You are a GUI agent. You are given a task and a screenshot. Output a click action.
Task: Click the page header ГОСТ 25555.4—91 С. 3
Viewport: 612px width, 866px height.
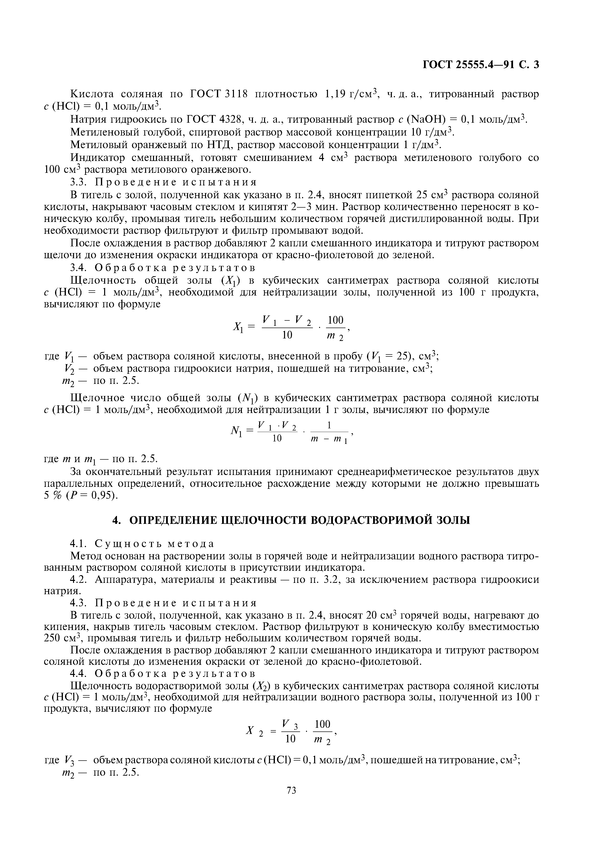point(481,65)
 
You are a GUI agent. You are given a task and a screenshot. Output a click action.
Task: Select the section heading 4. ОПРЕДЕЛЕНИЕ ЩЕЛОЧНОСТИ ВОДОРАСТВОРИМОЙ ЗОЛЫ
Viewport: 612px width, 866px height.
point(291,520)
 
